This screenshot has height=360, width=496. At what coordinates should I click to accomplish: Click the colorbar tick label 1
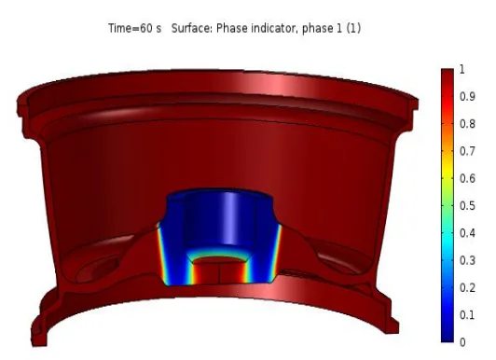(x=462, y=69)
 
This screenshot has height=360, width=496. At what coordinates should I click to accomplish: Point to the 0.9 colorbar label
(x=467, y=96)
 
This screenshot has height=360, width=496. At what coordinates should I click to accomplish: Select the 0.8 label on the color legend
(x=467, y=124)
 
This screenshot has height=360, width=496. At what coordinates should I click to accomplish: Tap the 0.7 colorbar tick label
(x=467, y=151)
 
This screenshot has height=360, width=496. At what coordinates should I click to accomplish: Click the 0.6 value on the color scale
(x=467, y=178)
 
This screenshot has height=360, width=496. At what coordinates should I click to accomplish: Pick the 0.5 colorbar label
(x=467, y=205)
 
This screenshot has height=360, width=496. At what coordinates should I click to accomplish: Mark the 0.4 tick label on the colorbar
(x=467, y=233)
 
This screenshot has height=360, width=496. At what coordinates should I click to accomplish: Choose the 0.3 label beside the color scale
(x=467, y=260)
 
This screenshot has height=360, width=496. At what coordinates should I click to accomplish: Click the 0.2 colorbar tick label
(x=467, y=287)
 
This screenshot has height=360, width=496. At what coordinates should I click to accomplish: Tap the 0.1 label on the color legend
(x=467, y=315)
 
